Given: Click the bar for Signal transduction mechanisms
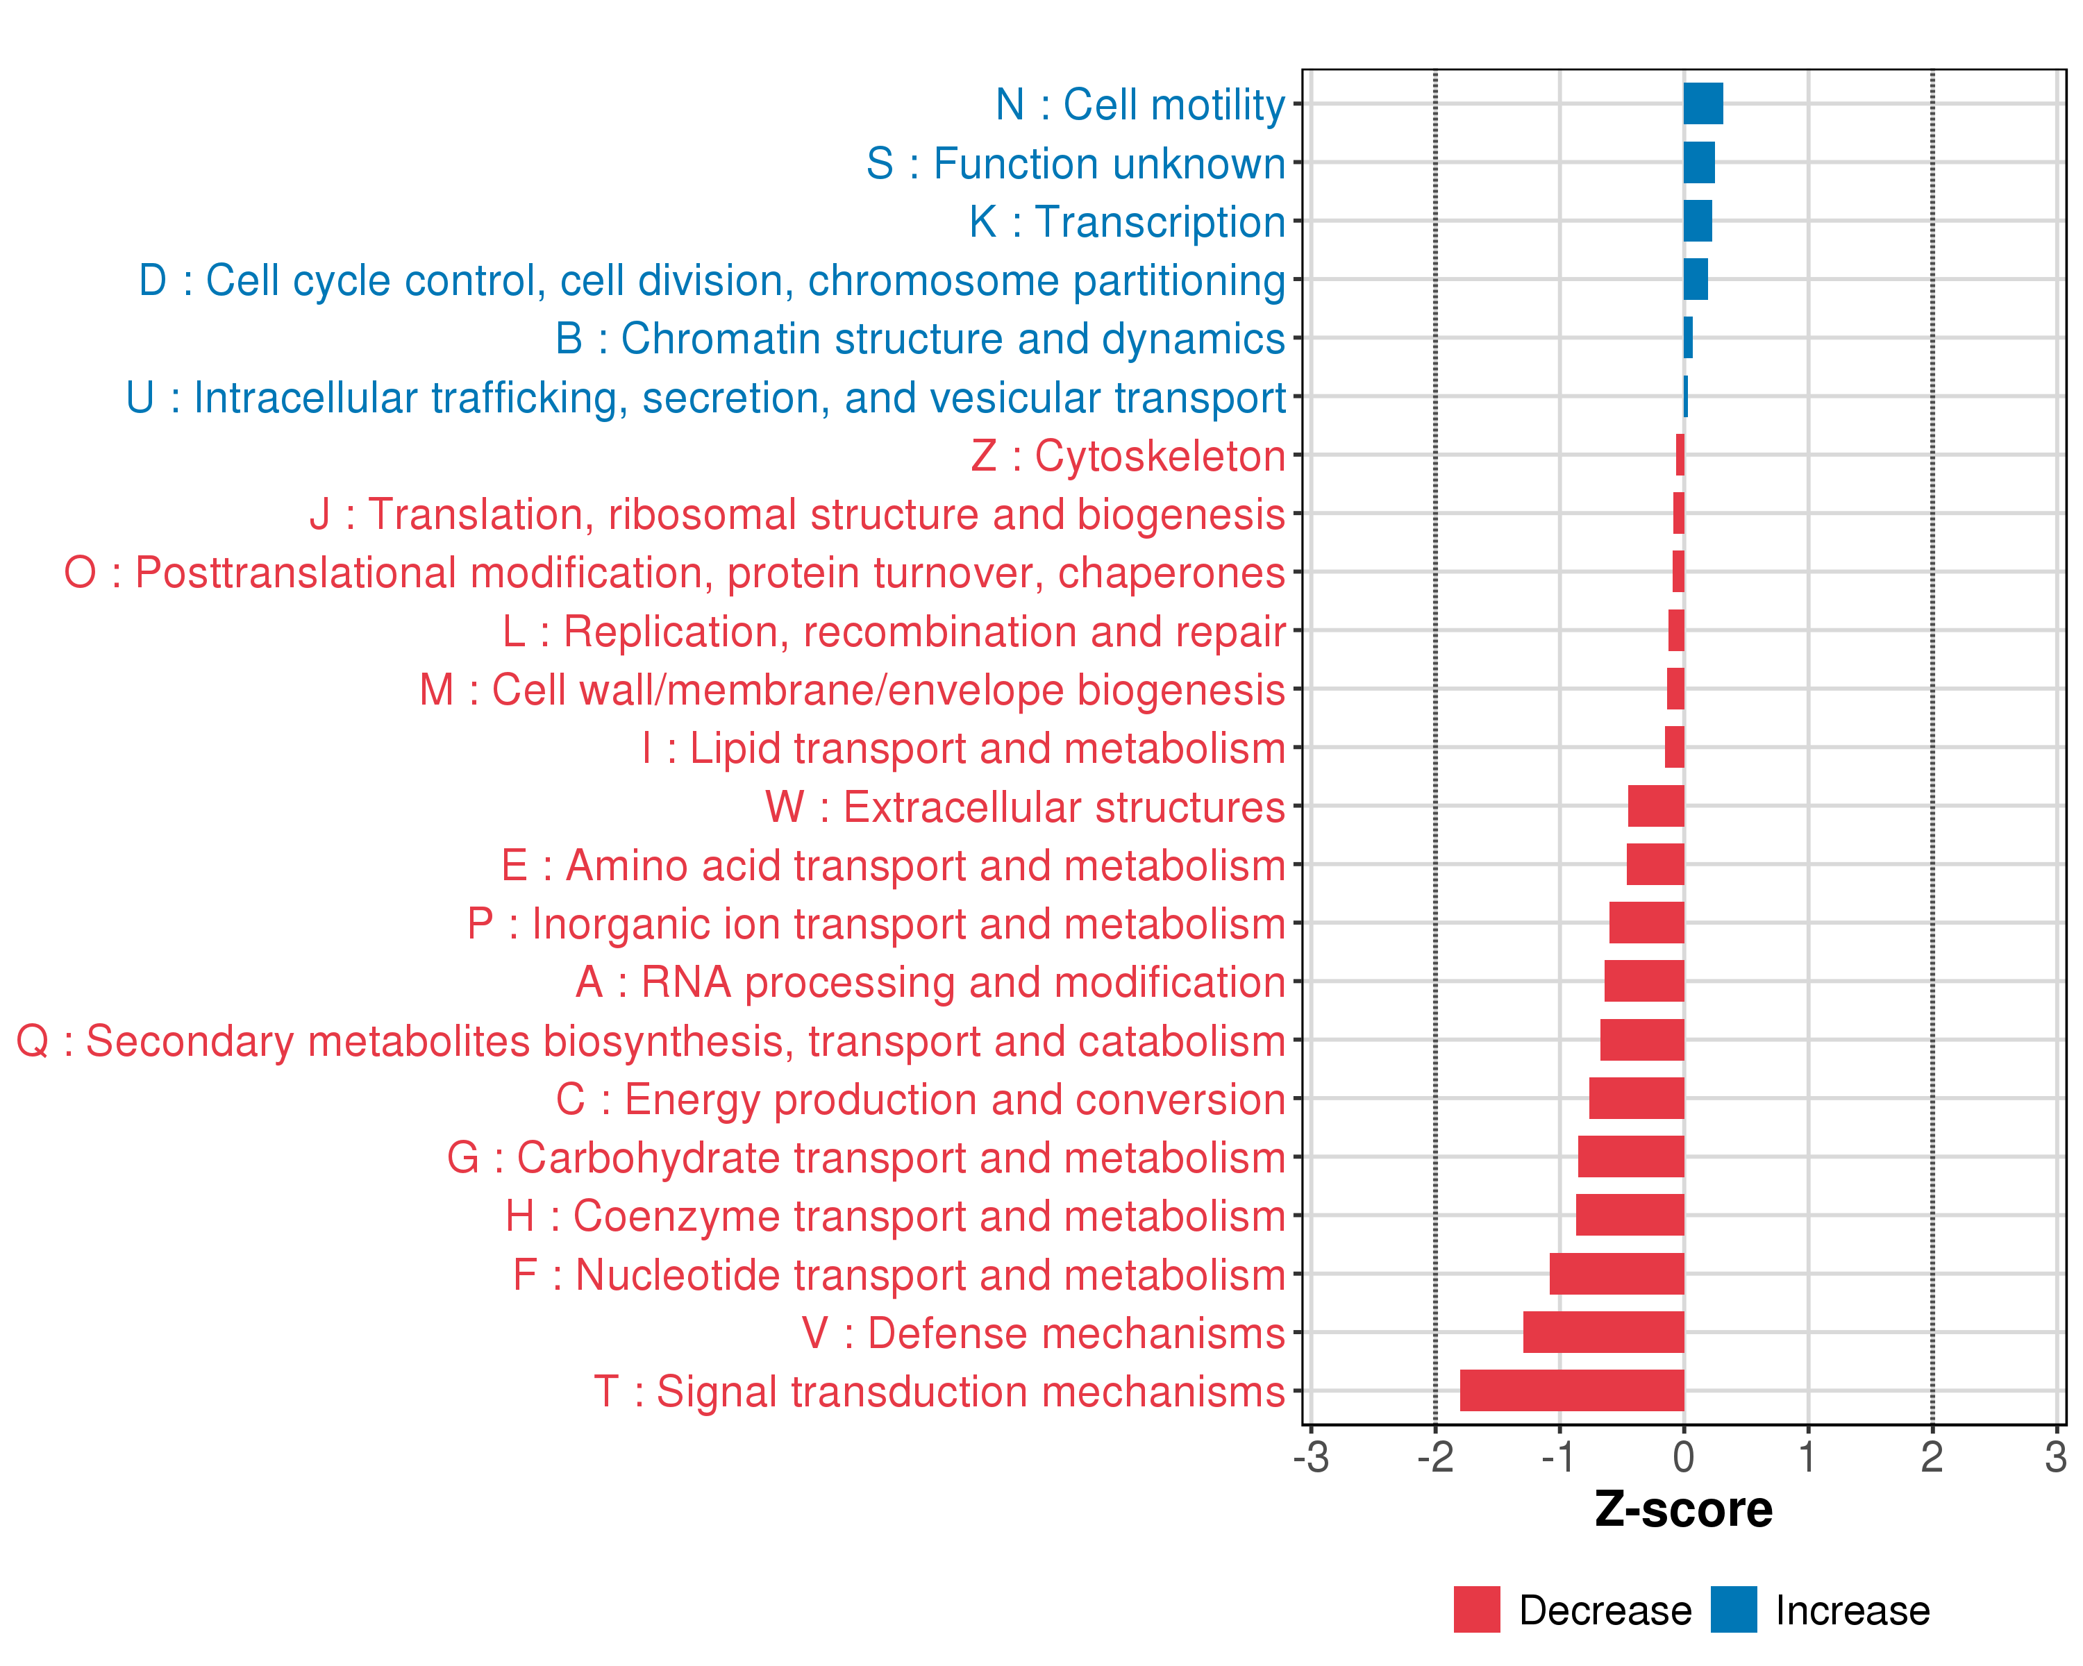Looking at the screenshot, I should tap(1571, 1390).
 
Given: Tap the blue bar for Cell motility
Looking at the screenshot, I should tap(1703, 104).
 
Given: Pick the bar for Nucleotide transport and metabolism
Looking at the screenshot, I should tap(1616, 1274).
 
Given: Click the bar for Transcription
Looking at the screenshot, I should tap(1698, 221).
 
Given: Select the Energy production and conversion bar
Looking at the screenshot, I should tap(1636, 1098).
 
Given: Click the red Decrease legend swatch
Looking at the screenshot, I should tap(1476, 1610).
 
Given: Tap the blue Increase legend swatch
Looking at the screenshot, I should tap(1733, 1610).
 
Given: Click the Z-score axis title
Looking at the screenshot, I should tap(1683, 1510).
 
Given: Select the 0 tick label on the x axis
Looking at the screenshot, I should tap(1683, 1457).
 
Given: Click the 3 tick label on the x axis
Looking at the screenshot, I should tap(2055, 1457).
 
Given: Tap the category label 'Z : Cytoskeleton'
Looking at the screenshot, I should tap(1128, 456).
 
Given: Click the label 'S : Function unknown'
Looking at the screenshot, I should tap(1076, 163).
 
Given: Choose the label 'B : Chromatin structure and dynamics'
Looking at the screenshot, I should tap(920, 339).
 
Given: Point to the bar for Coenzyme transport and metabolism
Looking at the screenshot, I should tap(1629, 1215).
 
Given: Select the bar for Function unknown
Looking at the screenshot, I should tap(1698, 163).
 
